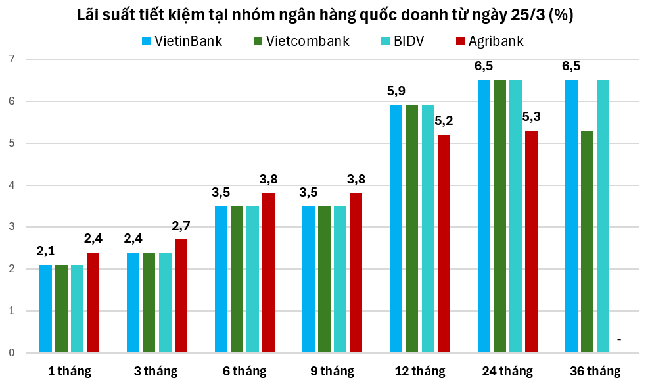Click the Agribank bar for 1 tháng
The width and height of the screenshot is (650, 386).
[x=93, y=302]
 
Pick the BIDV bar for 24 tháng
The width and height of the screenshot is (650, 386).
[x=515, y=216]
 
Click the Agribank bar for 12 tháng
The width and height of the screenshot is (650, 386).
[x=444, y=243]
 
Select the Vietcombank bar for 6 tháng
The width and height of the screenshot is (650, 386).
[x=237, y=279]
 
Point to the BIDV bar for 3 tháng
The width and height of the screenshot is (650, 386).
[x=165, y=302]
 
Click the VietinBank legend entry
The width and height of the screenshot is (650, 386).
[x=182, y=41]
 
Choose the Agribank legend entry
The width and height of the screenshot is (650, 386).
[x=490, y=41]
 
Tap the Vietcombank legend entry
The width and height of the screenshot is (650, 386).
[x=302, y=41]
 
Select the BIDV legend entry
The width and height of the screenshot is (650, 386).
[x=403, y=41]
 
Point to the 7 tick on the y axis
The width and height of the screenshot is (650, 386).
[x=11, y=59]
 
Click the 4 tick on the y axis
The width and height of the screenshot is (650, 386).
[x=11, y=185]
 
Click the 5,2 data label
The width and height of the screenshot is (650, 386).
[x=444, y=120]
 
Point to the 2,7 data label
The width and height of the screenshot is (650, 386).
[x=181, y=226]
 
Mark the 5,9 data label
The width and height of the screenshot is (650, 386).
[x=400, y=91]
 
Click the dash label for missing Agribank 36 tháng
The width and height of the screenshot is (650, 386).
[x=620, y=339]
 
